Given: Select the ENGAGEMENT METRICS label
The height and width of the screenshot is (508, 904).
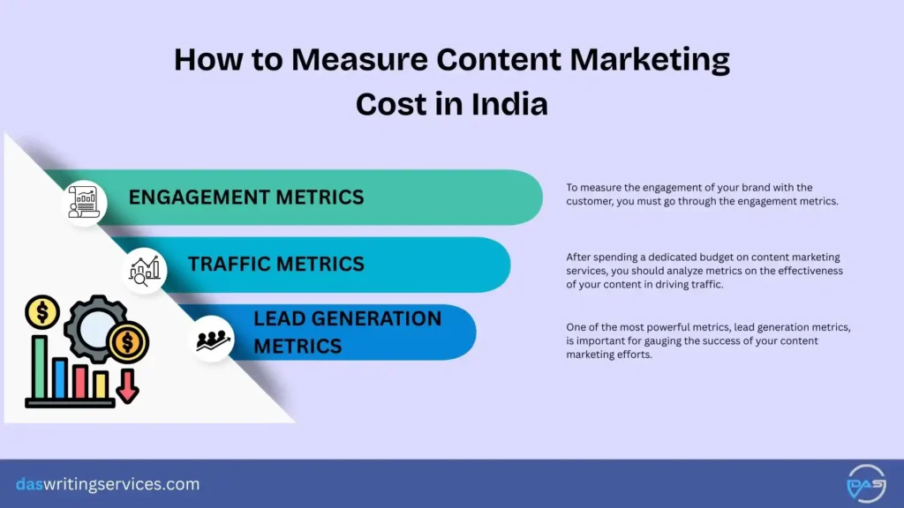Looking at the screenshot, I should pyautogui.click(x=246, y=197).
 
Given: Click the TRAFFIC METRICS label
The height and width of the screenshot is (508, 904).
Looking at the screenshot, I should pyautogui.click(x=275, y=263).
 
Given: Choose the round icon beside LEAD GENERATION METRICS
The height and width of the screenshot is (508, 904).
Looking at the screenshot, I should pyautogui.click(x=213, y=339).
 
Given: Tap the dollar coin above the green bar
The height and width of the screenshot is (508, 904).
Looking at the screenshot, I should pyautogui.click(x=41, y=311).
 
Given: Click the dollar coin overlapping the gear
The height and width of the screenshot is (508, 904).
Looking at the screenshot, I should pyautogui.click(x=128, y=341).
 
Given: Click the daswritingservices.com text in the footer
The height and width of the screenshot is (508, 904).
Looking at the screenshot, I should pyautogui.click(x=108, y=484).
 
